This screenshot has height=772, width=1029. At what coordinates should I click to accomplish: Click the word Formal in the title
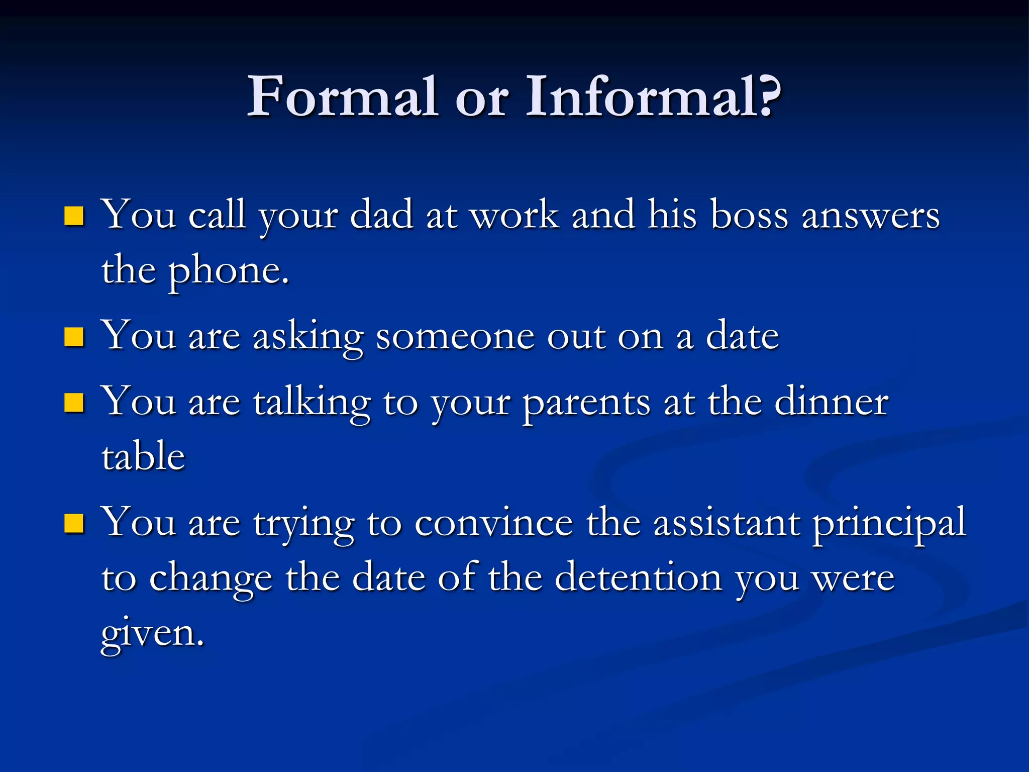[x=342, y=96]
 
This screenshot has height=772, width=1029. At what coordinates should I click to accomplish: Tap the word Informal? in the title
[x=653, y=96]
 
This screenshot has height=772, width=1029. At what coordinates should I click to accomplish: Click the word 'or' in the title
[x=481, y=101]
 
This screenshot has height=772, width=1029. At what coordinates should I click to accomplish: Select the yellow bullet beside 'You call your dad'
[x=74, y=216]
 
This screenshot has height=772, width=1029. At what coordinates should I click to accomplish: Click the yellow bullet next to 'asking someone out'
[x=74, y=337]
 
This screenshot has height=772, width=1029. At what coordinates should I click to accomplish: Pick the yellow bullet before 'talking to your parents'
[x=74, y=403]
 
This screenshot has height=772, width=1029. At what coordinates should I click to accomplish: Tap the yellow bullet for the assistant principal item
[x=74, y=523]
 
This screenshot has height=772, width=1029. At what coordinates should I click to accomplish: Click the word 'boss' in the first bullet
[x=749, y=215]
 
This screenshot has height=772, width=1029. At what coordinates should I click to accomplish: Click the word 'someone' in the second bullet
[x=455, y=337]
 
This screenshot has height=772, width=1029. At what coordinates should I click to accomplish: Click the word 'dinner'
[x=832, y=402]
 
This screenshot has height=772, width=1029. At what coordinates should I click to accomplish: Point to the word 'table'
[x=143, y=456]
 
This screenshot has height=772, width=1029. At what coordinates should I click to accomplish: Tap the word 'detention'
[x=638, y=578]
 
